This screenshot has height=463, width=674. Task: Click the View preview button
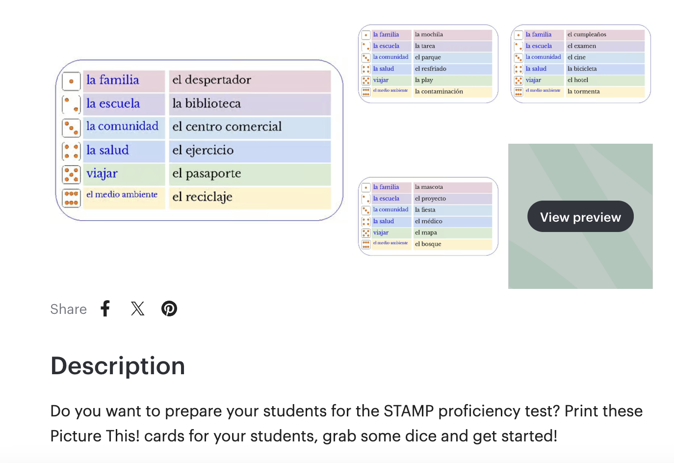(580, 217)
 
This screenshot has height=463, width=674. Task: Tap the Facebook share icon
(105, 309)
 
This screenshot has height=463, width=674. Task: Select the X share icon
(138, 309)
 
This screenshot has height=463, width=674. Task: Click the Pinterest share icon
(169, 309)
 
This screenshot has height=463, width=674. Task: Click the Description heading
(118, 366)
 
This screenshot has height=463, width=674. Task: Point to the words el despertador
(211, 80)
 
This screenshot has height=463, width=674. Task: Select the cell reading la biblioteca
(207, 103)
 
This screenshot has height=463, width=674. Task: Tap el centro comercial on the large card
(227, 127)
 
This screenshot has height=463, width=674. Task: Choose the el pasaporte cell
(207, 174)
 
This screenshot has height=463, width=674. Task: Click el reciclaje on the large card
(202, 197)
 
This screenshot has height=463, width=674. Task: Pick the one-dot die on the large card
(72, 81)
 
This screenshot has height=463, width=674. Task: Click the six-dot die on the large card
(72, 198)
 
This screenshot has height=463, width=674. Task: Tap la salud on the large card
(107, 150)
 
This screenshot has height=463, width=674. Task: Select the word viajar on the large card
(102, 174)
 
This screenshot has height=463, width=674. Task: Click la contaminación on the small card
(439, 92)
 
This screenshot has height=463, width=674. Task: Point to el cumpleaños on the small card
(587, 35)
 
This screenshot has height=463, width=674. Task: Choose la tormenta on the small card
(583, 92)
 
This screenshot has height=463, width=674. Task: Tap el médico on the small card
(428, 221)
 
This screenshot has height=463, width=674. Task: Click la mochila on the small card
(429, 35)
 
